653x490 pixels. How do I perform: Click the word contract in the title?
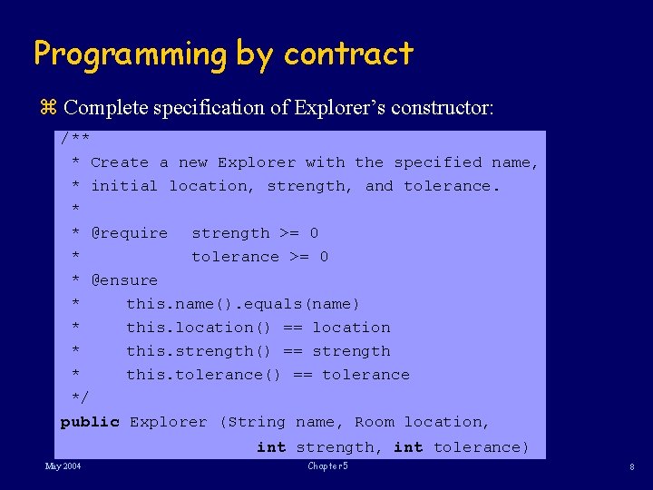point(348,54)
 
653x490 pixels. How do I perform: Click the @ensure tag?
point(124,280)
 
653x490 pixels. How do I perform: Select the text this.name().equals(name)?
point(243,304)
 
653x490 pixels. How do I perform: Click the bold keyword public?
point(90,422)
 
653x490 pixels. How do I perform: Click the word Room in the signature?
point(375,422)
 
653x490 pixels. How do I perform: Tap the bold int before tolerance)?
point(408,447)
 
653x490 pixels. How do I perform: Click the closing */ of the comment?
point(80,398)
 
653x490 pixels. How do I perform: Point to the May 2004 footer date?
point(63,466)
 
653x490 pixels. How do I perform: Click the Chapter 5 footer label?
point(327,466)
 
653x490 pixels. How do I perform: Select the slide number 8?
point(630,467)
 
